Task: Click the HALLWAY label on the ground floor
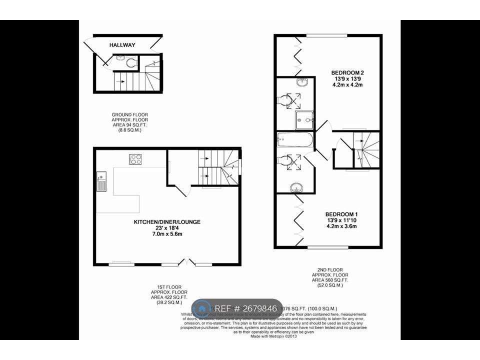(x=122, y=45)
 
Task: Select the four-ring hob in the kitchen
(x=135, y=159)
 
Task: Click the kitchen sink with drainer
(x=101, y=181)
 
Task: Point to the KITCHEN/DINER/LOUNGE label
(x=167, y=221)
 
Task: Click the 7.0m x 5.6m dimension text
(x=167, y=234)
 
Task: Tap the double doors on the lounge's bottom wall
(x=187, y=262)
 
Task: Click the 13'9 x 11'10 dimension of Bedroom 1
(x=342, y=219)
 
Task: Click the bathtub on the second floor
(x=295, y=140)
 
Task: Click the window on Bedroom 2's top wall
(x=327, y=35)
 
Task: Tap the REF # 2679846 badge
(x=237, y=308)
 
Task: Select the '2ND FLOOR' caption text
(x=330, y=268)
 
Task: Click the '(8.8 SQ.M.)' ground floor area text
(x=129, y=130)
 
